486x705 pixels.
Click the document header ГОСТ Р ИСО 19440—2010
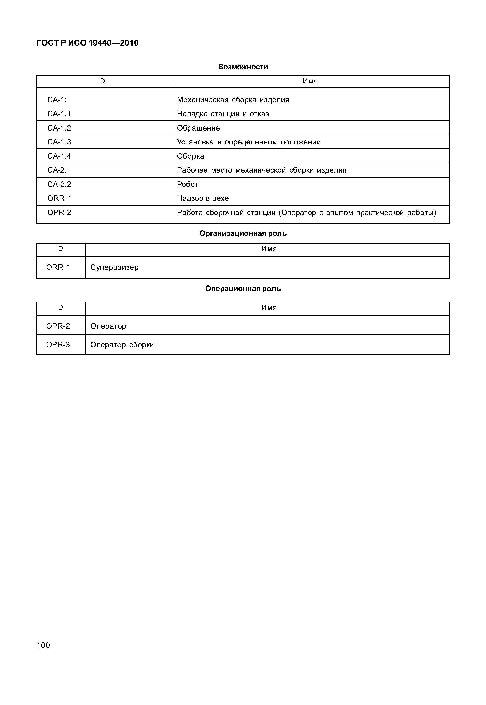(87, 43)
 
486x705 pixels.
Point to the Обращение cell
(198, 128)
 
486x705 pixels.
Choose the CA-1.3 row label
(59, 142)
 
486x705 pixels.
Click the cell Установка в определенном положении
(249, 142)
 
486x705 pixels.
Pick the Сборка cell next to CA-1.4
(191, 156)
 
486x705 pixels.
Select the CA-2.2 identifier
(59, 184)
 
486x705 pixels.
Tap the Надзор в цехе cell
(203, 199)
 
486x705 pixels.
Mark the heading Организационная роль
(243, 234)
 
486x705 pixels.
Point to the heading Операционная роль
(243, 289)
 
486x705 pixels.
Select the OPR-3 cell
(58, 345)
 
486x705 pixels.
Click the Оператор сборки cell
(122, 345)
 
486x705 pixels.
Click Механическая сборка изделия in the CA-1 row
(233, 100)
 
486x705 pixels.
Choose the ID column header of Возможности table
(101, 81)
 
